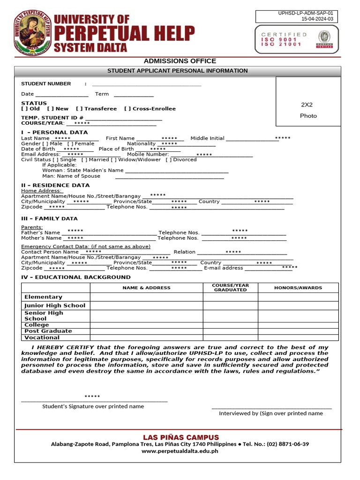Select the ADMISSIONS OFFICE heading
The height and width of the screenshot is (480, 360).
click(x=180, y=61)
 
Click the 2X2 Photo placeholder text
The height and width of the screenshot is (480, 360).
click(x=308, y=110)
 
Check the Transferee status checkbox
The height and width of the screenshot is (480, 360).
click(x=79, y=109)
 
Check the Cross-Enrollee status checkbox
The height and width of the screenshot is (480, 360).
click(x=127, y=109)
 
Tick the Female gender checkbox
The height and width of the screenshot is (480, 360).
click(x=70, y=144)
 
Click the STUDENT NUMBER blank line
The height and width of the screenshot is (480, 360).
click(x=146, y=84)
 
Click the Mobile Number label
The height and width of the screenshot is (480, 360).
click(x=148, y=154)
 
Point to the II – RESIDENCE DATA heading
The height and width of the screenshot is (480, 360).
click(x=55, y=185)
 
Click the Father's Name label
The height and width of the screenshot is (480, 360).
click(x=40, y=232)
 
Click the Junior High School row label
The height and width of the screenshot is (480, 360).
click(x=55, y=306)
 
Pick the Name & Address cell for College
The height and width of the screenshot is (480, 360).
click(x=146, y=325)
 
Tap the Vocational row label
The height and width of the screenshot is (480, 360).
click(x=42, y=337)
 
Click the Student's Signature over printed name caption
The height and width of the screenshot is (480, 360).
click(x=93, y=406)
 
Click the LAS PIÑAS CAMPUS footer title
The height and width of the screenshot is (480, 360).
click(x=180, y=437)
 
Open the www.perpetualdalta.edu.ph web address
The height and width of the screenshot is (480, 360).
click(x=180, y=451)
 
